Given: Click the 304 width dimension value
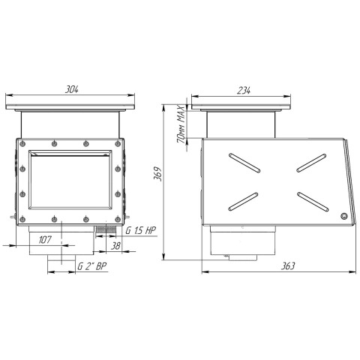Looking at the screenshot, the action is coord(72,89).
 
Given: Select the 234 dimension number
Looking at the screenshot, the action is coord(244,90).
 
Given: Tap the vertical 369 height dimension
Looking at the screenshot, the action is coord(157,173).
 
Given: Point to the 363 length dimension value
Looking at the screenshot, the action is coord(288,266).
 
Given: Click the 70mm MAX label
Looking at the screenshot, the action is coord(181,124).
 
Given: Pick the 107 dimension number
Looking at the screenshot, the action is coord(45,239).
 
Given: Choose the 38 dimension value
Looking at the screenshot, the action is coord(115,246).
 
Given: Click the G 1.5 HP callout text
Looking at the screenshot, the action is coord(141,230).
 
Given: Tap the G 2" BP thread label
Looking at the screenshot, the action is coord(92,266).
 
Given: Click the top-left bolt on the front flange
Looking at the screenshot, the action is coord(22,144).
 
